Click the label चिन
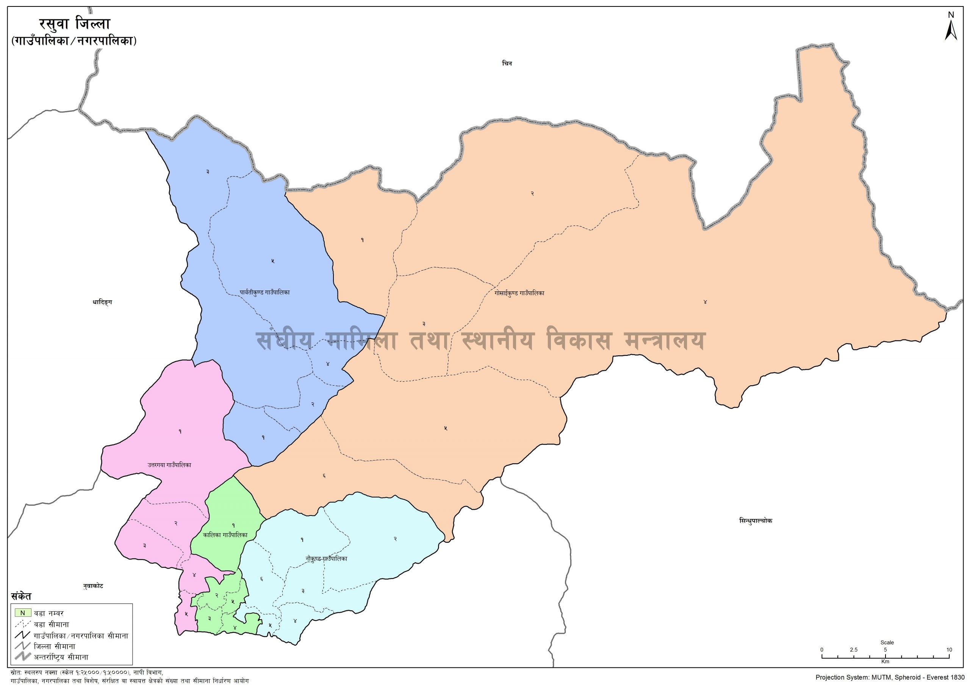[507, 63]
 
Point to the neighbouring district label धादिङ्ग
[102, 302]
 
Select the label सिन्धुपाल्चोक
[756, 521]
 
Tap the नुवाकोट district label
[93, 586]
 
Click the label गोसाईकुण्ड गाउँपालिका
[519, 293]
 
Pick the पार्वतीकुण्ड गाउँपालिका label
[264, 292]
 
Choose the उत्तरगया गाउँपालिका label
[169, 465]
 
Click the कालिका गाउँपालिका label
[225, 535]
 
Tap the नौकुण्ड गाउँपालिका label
[326, 558]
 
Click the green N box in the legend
[23, 613]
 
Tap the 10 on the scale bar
[949, 650]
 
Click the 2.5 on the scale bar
[854, 650]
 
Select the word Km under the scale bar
[886, 661]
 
